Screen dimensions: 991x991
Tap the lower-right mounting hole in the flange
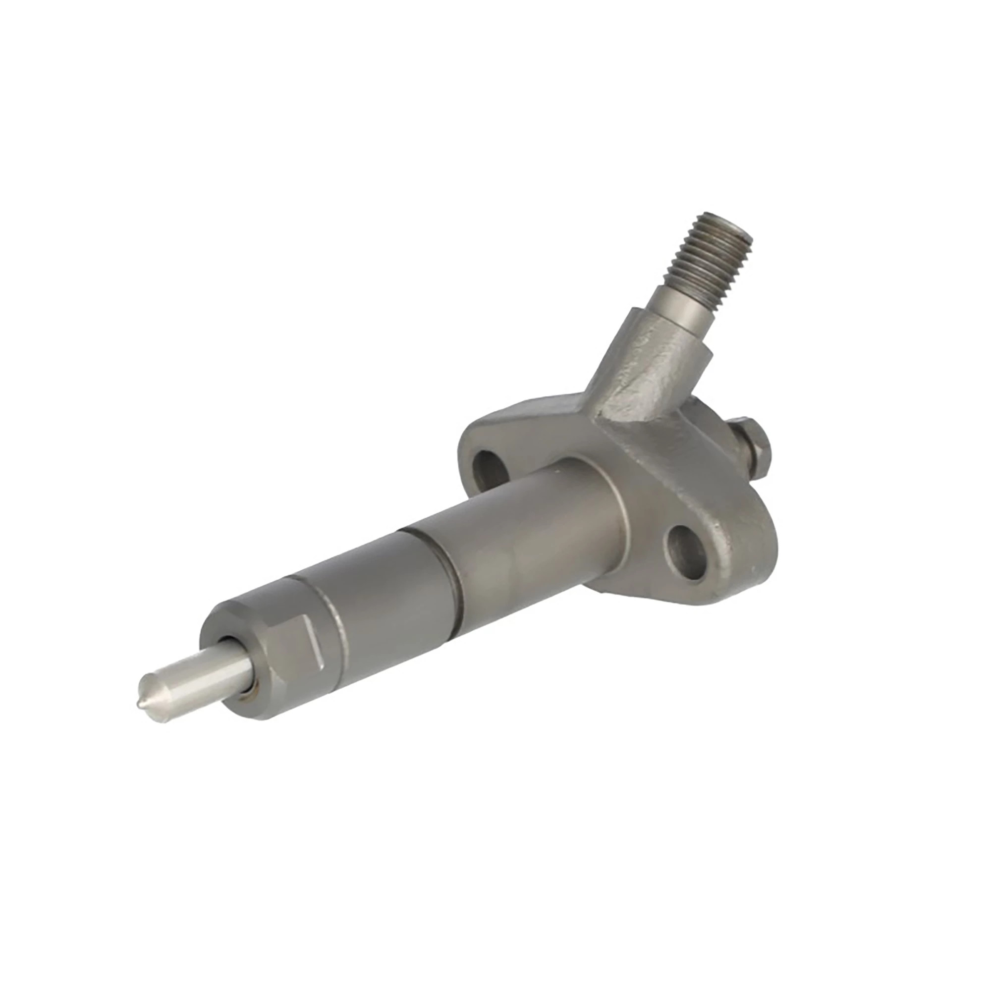pyautogui.click(x=686, y=556)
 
